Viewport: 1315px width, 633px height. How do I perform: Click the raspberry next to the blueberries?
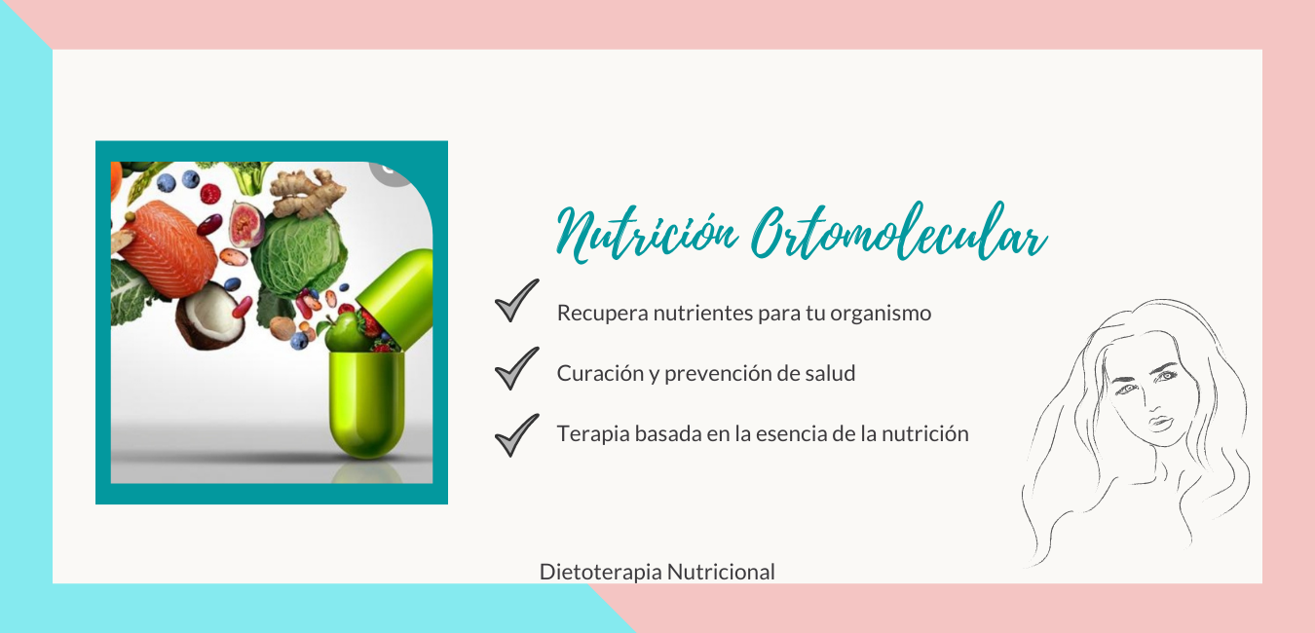[209, 193]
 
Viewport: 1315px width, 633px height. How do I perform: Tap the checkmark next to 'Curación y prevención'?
[516, 368]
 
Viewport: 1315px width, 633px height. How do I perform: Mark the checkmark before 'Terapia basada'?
[516, 434]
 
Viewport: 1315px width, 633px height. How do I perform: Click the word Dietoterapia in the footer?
[600, 573]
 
